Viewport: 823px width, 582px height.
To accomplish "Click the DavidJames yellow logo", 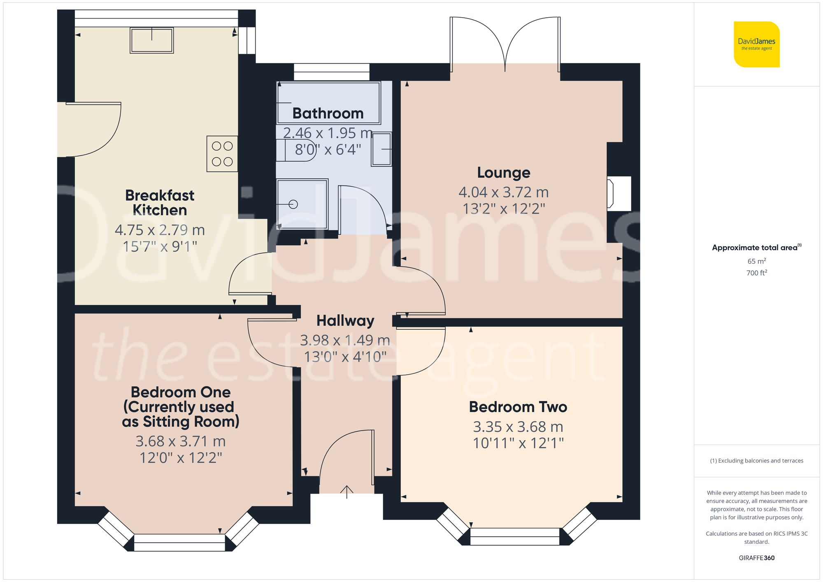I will tap(756, 44).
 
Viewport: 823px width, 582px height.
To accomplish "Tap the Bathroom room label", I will tap(328, 114).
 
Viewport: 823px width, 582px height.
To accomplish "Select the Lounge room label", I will tap(503, 173).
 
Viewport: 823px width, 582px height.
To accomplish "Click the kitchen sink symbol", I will tap(151, 40).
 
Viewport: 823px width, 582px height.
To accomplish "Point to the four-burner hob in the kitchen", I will tap(222, 154).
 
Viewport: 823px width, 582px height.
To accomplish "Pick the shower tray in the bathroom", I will tap(302, 204).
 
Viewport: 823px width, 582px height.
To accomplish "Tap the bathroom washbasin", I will tap(381, 149).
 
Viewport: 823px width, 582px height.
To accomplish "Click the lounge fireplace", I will tap(618, 194).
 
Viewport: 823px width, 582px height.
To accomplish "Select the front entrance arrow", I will tap(347, 492).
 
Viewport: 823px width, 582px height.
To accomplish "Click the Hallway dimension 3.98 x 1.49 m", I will tap(345, 341).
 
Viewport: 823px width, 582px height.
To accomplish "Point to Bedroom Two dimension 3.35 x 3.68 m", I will tap(518, 427).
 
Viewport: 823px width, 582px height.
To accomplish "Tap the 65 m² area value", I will tap(756, 261).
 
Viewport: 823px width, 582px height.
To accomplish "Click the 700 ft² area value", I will tap(756, 273).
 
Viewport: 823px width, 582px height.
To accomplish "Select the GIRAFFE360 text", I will tap(756, 558).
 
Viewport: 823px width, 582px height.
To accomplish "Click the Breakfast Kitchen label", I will tap(160, 203).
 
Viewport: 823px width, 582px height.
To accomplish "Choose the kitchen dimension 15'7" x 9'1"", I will tap(160, 247).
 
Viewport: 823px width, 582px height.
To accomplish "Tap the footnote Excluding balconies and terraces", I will tap(756, 461).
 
